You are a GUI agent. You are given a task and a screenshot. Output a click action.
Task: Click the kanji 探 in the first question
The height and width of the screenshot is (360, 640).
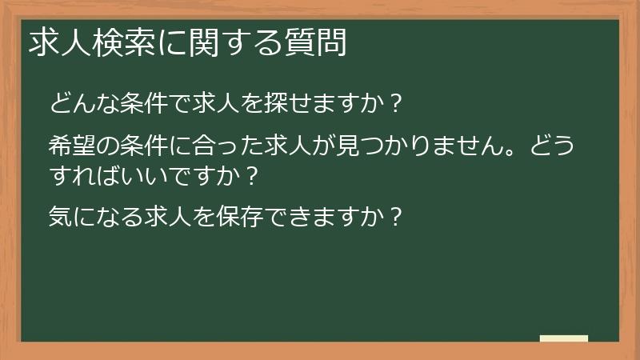coord(260,103)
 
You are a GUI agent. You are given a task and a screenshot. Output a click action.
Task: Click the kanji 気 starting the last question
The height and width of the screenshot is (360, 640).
coord(61,216)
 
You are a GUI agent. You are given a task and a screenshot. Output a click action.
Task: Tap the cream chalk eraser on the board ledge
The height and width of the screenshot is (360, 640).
coord(564,338)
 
